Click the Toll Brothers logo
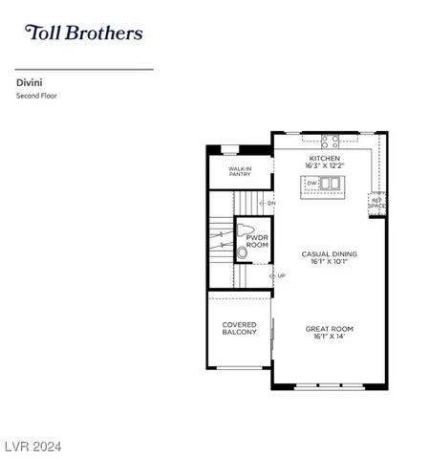[83, 33]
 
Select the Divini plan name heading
[27, 82]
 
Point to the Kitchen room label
[325, 158]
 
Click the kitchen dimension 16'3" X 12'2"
[325, 166]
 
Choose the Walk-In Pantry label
[240, 171]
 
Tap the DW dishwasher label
[311, 184]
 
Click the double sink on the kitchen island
[330, 184]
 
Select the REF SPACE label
[377, 204]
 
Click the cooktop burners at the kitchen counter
[331, 141]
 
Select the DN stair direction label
[271, 204]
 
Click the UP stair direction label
[281, 276]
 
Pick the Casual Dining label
[330, 253]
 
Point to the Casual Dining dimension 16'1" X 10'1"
[330, 262]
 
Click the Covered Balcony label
[239, 328]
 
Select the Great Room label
[330, 328]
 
